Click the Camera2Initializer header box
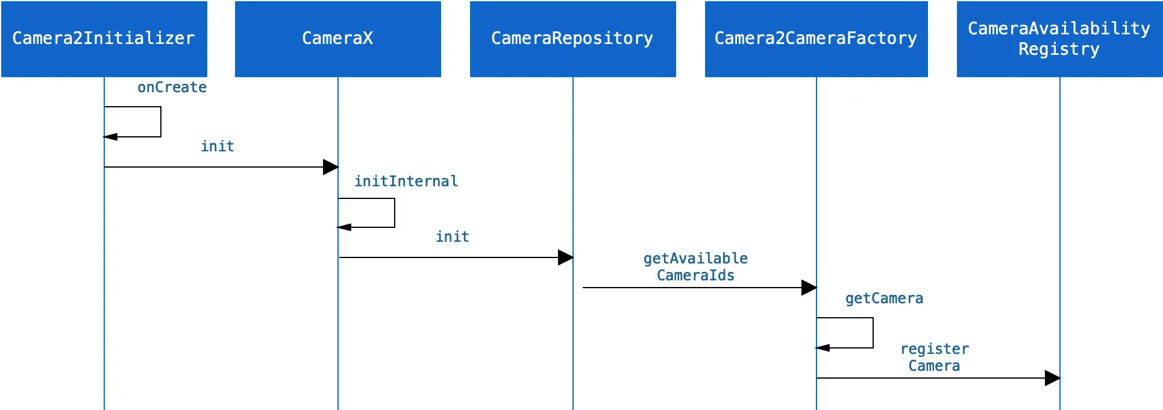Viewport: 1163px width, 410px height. [x=104, y=39]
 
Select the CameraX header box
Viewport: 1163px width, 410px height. [x=338, y=39]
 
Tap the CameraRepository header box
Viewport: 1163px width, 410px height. [x=573, y=39]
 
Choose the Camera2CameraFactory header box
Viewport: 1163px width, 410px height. [x=817, y=39]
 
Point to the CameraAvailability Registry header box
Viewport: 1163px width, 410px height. [x=1060, y=39]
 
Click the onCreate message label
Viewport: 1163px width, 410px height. [x=172, y=87]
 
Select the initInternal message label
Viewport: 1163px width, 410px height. [x=406, y=181]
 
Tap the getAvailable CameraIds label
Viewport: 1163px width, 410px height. [x=696, y=267]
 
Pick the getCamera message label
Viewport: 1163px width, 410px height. [x=884, y=298]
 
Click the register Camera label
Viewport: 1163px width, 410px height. [x=935, y=358]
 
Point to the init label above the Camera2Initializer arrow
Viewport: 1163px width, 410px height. [x=218, y=147]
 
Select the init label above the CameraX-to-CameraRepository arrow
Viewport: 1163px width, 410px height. [x=453, y=237]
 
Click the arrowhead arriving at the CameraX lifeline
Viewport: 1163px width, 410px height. [x=331, y=167]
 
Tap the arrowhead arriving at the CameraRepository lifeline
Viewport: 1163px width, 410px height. [x=566, y=257]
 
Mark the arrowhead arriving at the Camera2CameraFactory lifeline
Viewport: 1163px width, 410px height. [x=809, y=288]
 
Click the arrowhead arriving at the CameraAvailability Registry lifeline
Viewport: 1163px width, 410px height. [x=1053, y=378]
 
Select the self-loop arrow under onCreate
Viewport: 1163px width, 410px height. [x=161, y=122]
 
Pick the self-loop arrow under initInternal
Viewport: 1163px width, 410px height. [x=395, y=213]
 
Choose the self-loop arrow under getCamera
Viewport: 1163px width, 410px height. [x=873, y=333]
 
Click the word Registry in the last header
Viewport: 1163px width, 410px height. [x=1059, y=49]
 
